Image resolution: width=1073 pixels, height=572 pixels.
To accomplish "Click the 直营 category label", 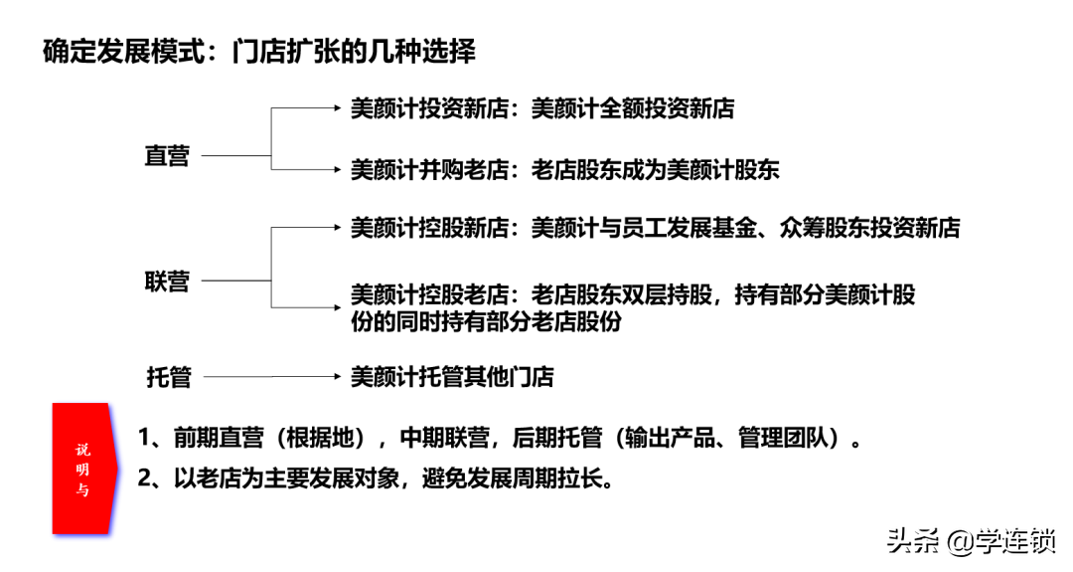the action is click(167, 156).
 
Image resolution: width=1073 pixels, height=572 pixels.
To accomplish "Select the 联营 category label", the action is click(167, 281).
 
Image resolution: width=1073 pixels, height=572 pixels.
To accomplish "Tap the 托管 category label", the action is click(168, 377).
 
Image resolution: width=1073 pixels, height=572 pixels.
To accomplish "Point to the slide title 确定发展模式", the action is click(124, 52).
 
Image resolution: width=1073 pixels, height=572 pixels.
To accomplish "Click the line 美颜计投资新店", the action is click(430, 108).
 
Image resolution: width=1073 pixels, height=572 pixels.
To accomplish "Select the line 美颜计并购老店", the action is click(430, 169).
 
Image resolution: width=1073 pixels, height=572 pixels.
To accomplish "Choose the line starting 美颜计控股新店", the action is click(655, 228).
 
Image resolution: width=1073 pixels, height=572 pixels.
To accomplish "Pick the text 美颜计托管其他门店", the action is click(452, 376).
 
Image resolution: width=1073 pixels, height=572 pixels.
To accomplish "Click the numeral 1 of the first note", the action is click(144, 437).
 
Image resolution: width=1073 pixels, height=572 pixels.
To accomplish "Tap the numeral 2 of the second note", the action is click(144, 478).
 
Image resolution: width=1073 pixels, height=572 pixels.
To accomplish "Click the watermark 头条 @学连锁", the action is click(972, 541).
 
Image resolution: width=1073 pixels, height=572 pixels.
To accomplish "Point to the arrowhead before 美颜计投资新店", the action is click(337, 108).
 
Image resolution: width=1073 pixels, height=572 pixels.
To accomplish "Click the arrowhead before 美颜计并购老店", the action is click(337, 169).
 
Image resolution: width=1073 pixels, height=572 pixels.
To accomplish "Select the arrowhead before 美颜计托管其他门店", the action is click(337, 376).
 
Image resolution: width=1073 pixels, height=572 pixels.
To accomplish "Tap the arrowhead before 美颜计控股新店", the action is click(337, 228).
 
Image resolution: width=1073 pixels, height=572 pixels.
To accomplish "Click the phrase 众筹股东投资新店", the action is click(869, 228).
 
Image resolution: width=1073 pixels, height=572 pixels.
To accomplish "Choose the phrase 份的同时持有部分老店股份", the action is click(486, 321).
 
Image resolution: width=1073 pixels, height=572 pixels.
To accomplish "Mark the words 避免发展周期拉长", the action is click(514, 478).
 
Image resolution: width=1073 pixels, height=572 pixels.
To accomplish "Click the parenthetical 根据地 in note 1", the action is click(321, 437).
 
